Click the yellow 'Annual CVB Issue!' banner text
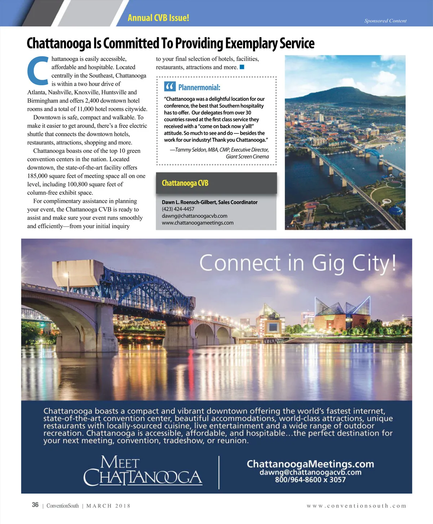pyautogui.click(x=158, y=18)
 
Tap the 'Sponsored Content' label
pyautogui.click(x=385, y=21)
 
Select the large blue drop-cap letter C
pyautogui.click(x=38, y=70)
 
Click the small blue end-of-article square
pyautogui.click(x=242, y=67)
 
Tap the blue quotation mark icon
pyautogui.click(x=170, y=87)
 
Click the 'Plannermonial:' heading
pyautogui.click(x=199, y=87)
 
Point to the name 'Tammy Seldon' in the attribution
pyautogui.click(x=191, y=150)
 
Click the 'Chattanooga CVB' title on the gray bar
pyautogui.click(x=185, y=183)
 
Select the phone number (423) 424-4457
pyautogui.click(x=178, y=209)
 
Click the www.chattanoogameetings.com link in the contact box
pyautogui.click(x=197, y=223)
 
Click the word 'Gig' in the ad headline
pyautogui.click(x=328, y=263)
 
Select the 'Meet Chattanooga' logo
pyautogui.click(x=143, y=471)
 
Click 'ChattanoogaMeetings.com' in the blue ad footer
pyautogui.click(x=310, y=464)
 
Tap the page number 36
pyautogui.click(x=35, y=505)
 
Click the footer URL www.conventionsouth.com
pyautogui.click(x=356, y=506)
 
